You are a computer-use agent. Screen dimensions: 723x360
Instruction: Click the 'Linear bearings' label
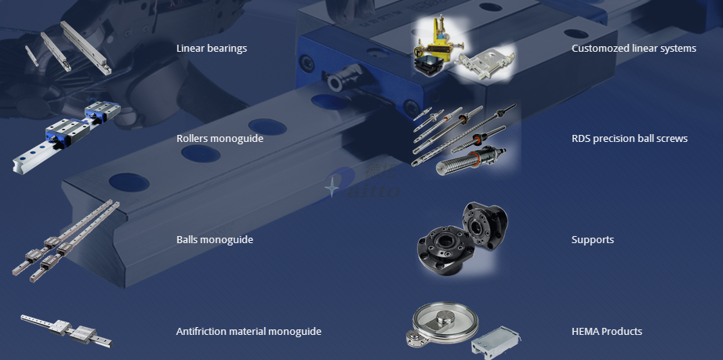[x=212, y=49]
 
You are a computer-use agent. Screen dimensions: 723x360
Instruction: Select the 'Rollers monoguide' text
[x=220, y=139]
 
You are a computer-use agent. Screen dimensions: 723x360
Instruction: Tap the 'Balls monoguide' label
[x=215, y=240]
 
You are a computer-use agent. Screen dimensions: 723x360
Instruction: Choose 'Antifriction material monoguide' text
[x=249, y=332]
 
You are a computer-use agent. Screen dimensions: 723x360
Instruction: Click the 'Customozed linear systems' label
[x=634, y=49]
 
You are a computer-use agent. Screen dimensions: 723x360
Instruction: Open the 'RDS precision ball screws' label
[x=630, y=139]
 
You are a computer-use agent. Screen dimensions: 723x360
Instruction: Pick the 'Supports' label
[x=593, y=240]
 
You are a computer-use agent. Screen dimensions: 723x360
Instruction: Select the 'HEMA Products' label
[x=607, y=332]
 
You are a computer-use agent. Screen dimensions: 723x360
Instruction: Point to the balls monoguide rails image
[x=64, y=241]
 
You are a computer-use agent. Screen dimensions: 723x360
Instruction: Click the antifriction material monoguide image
[x=67, y=330]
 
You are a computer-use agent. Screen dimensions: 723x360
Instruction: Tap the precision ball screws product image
[x=463, y=140]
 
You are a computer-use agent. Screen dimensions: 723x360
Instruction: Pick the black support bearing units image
[x=463, y=238]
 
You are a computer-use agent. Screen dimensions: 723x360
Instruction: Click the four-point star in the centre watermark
[x=331, y=187]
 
